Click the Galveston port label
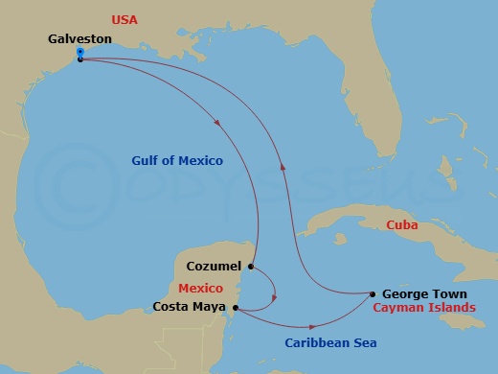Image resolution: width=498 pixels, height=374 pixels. click(79, 39)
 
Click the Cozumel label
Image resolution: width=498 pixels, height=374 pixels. click(215, 267)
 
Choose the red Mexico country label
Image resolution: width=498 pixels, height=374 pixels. click(200, 288)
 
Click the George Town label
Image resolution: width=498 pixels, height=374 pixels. click(424, 294)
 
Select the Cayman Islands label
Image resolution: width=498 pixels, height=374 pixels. click(423, 308)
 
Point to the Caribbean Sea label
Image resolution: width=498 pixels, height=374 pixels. click(330, 342)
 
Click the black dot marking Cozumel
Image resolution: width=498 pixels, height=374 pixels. click(250, 267)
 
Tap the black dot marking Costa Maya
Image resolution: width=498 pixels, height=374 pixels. click(235, 309)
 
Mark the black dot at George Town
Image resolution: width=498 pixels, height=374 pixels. click(372, 293)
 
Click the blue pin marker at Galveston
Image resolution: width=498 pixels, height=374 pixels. click(79, 52)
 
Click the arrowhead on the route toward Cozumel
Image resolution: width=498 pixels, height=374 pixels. click(222, 123)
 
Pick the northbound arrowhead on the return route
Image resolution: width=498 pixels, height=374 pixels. click(282, 165)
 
